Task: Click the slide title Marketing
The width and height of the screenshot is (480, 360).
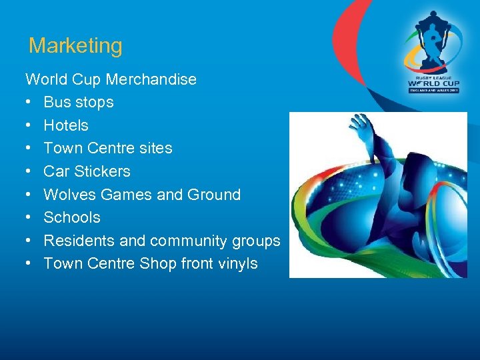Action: (x=75, y=46)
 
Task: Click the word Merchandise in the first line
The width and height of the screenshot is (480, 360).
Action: (x=151, y=79)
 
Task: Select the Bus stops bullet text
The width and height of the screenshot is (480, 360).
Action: (x=78, y=103)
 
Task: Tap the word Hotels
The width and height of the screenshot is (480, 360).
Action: (x=65, y=125)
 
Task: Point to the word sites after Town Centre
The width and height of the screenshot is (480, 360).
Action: (x=158, y=148)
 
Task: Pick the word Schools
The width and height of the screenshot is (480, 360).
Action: (x=72, y=217)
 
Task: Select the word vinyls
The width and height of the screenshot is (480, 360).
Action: (x=237, y=264)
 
